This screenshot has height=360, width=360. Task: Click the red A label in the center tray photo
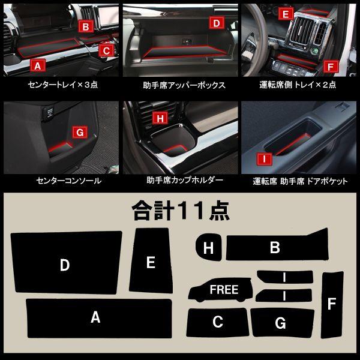tap(37, 65)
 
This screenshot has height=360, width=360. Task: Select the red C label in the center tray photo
tap(106, 51)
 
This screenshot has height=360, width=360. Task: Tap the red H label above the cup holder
tap(160, 119)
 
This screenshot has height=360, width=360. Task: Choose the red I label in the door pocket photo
tap(262, 159)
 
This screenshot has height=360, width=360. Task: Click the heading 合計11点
tap(180, 211)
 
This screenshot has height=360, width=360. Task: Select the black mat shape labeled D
tap(66, 264)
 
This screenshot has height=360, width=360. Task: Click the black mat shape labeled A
tap(96, 318)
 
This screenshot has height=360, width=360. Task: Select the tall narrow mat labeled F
tap(331, 304)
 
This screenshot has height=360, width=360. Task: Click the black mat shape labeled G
tap(281, 323)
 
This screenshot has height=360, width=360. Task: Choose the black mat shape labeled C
tap(217, 323)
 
